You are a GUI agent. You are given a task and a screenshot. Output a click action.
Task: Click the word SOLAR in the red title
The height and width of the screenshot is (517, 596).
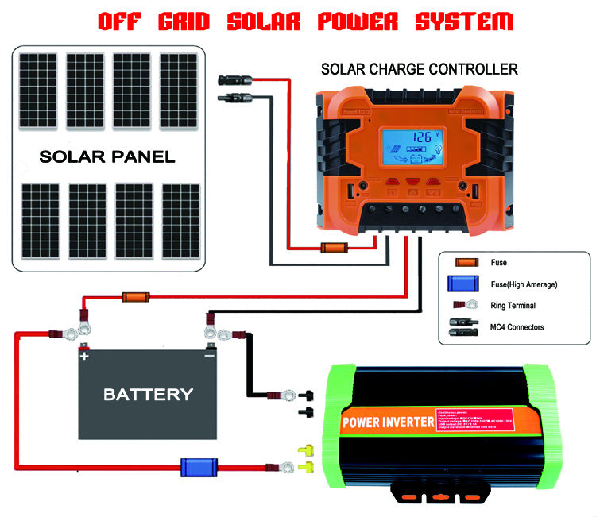(257, 21)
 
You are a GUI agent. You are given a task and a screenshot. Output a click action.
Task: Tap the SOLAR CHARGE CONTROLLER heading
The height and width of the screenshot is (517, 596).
(419, 70)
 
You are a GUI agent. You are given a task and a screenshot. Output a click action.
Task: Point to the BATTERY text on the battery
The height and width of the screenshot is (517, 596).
(148, 393)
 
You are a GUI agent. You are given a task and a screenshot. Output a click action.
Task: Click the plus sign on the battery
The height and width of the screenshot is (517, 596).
(83, 357)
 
